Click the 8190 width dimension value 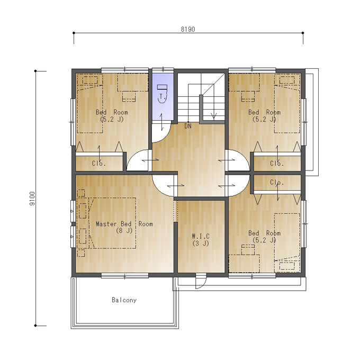tap(188, 29)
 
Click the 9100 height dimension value tap(32, 199)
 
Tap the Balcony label tap(124, 300)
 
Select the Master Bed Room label tap(124, 223)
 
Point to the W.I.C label tap(201, 236)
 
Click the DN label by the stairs tap(188, 126)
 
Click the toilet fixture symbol tap(163, 93)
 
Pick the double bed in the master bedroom tap(112, 223)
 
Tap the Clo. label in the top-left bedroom tap(98, 163)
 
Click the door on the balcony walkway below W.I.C tap(201, 281)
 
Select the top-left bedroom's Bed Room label tap(112, 112)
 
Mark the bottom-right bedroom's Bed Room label tap(264, 233)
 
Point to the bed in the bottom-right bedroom tap(287, 243)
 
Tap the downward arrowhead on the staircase tap(214, 116)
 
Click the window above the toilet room tap(163, 69)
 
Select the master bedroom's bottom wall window tap(124, 275)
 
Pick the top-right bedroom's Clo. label tap(277, 163)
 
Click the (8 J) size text tap(124, 230)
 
